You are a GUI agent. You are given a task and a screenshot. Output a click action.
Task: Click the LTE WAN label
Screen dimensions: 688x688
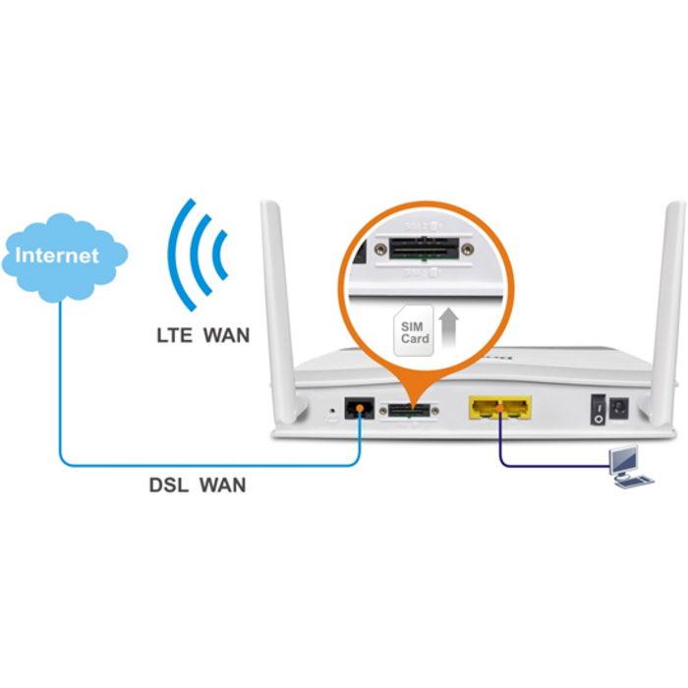click(x=202, y=335)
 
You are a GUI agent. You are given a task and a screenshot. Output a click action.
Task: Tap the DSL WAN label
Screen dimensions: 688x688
click(x=198, y=484)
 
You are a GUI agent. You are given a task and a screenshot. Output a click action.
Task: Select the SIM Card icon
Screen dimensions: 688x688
click(x=414, y=331)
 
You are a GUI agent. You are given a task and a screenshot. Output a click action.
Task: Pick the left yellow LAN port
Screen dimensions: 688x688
click(x=486, y=406)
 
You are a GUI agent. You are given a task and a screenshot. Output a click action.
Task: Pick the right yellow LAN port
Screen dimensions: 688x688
click(x=515, y=406)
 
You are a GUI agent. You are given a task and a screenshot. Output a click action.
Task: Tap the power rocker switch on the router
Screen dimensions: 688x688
click(x=596, y=409)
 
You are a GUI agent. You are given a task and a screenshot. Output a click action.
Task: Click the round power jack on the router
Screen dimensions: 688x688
click(x=619, y=408)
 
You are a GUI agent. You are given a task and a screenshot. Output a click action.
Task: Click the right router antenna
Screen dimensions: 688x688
click(x=673, y=295)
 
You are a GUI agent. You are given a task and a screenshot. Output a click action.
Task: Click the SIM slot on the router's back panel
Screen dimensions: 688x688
click(x=410, y=410)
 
